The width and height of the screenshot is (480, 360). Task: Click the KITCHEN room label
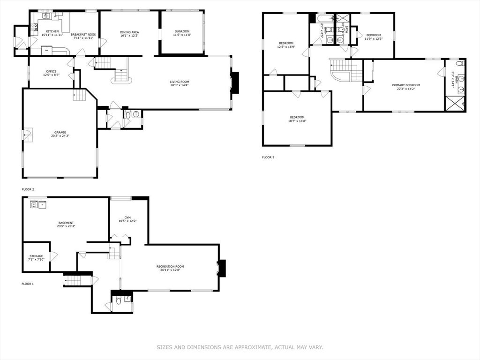pyautogui.click(x=52, y=31)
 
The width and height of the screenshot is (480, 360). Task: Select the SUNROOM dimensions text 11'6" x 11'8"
pyautogui.click(x=182, y=35)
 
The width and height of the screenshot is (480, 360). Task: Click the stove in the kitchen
pyautogui.click(x=35, y=28)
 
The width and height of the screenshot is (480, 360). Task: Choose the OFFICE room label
pyautogui.click(x=51, y=72)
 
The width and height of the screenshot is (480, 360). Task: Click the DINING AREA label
pyautogui.click(x=129, y=31)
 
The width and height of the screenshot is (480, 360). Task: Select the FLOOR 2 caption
pyautogui.click(x=28, y=189)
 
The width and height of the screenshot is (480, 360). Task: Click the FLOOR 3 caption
pyautogui.click(x=268, y=157)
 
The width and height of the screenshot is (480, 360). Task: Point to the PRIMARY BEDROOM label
pyautogui.click(x=406, y=85)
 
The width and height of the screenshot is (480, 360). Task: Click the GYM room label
pyautogui.click(x=127, y=217)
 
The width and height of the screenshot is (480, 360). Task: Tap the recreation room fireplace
pyautogui.click(x=223, y=269)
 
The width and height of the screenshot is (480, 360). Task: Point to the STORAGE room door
pyautogui.click(x=53, y=256)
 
